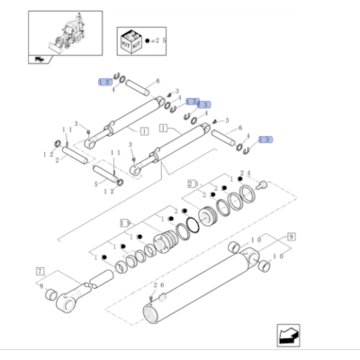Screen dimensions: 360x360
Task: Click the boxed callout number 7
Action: click(x=40, y=270)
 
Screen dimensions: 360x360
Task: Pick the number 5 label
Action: click(x=97, y=184)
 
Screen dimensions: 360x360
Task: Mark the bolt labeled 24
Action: click(x=264, y=185)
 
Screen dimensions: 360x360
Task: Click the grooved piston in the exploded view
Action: click(x=166, y=243)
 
